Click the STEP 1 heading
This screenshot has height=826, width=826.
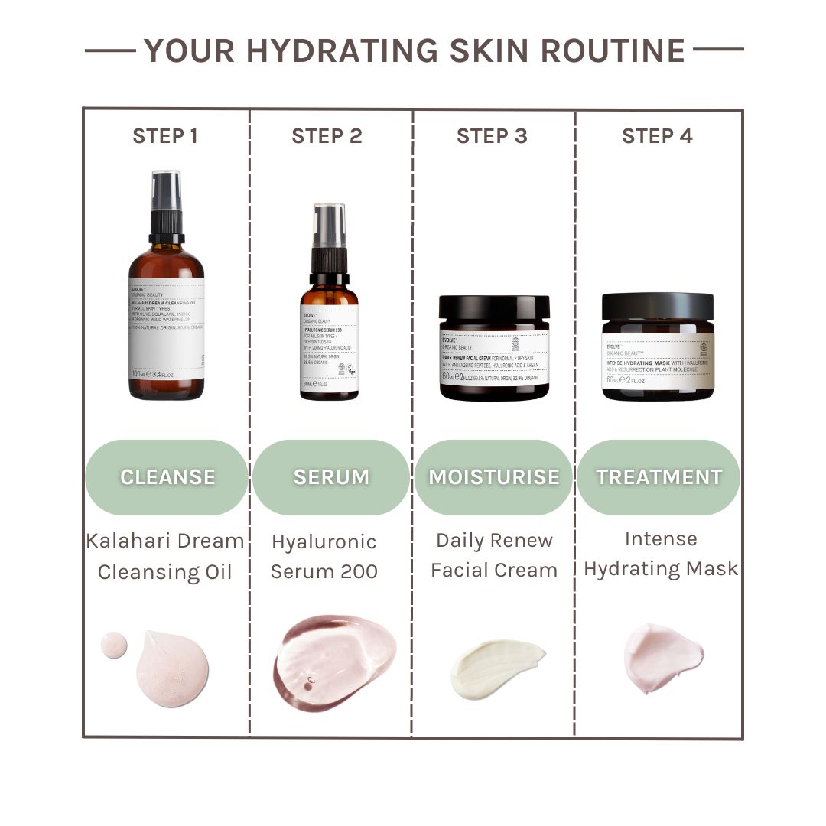(x=165, y=136)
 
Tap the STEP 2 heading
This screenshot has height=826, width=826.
(x=327, y=136)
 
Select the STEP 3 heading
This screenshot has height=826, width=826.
(x=492, y=136)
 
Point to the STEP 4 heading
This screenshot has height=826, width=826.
(x=657, y=136)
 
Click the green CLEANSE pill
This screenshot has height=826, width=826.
(x=167, y=477)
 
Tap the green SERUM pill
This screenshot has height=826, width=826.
(x=331, y=477)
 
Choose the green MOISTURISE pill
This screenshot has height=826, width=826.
(x=493, y=477)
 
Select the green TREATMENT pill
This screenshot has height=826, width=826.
(x=659, y=477)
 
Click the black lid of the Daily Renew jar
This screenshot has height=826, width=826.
(x=494, y=308)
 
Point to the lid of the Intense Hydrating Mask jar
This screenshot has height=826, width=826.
(x=657, y=306)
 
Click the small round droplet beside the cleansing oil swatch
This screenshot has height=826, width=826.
(x=114, y=645)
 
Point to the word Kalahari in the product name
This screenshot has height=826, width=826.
(x=123, y=541)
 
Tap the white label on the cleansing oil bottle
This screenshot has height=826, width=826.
(x=166, y=329)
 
